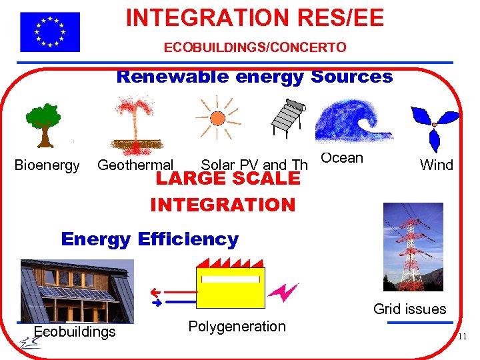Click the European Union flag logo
(49, 32)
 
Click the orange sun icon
(217, 118)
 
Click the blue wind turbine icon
(435, 125)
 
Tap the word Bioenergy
(47, 165)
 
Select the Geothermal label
(135, 165)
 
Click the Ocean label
(342, 158)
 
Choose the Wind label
(437, 165)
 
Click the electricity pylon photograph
(413, 247)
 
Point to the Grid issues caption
(409, 309)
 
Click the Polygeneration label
(237, 327)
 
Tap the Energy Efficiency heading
(149, 239)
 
